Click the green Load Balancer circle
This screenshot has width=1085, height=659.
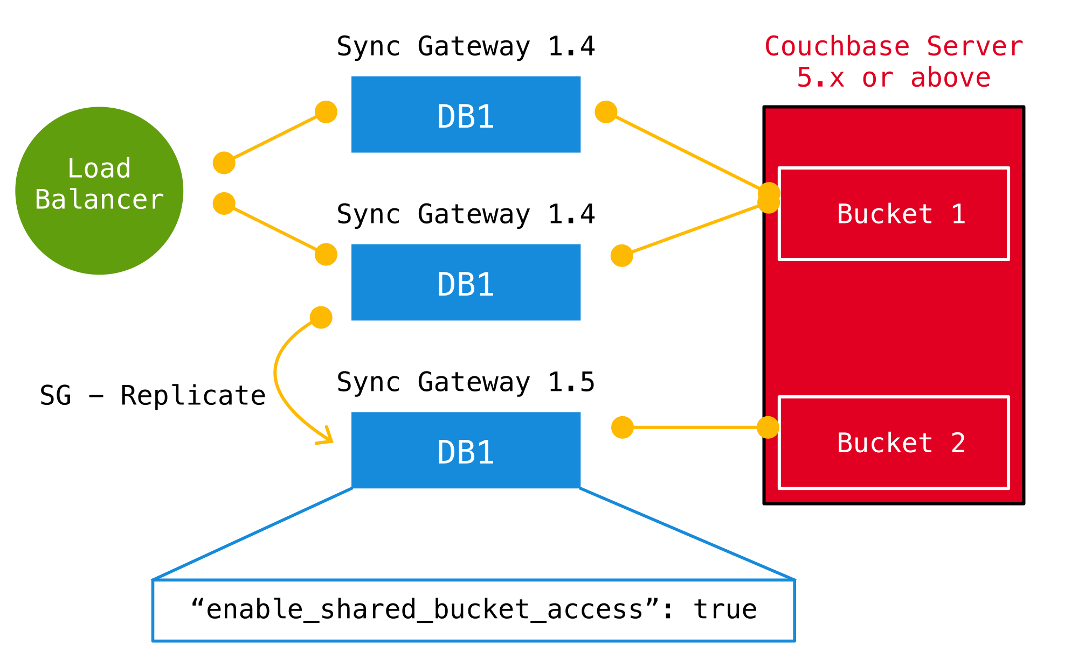point(99,191)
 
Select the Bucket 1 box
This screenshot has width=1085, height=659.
point(894,214)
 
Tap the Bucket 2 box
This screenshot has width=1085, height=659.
point(894,443)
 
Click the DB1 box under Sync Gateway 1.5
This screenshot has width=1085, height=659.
point(466,450)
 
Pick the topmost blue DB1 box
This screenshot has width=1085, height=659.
point(466,114)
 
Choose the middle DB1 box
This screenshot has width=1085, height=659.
point(466,282)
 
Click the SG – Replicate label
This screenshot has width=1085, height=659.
point(153,396)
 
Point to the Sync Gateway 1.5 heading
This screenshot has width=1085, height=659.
point(466,382)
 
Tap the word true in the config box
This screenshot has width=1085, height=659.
point(725,609)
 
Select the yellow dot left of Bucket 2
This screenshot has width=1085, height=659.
point(768,427)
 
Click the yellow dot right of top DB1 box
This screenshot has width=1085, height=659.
point(606,112)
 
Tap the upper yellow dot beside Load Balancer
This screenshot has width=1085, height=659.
point(224,163)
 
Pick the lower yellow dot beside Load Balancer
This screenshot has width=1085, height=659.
point(224,204)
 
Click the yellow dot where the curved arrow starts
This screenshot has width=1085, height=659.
point(321,318)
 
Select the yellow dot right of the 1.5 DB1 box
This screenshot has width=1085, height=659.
point(623,427)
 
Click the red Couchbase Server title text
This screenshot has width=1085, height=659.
point(894,47)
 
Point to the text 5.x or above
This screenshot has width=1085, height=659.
point(894,78)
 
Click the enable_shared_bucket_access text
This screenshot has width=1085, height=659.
point(426,609)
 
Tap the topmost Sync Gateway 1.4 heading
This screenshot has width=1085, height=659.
point(466,47)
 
